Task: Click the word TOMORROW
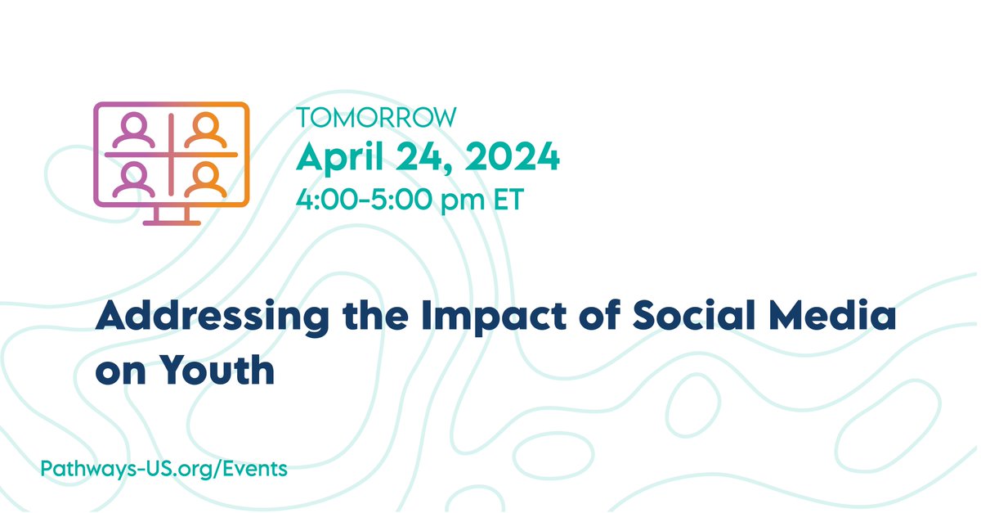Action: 376,118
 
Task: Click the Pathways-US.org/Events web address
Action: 163,469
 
